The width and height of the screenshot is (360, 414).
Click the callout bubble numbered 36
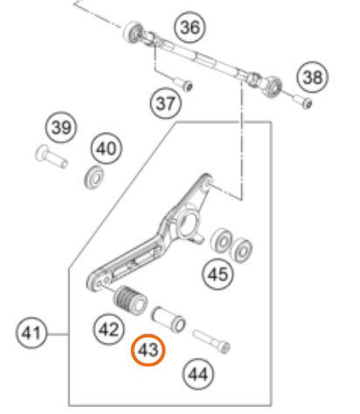click(190, 27)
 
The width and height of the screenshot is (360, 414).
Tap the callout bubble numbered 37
click(166, 103)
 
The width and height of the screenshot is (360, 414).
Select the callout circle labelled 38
click(313, 77)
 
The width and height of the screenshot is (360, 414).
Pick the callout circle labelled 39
click(61, 128)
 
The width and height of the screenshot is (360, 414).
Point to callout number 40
click(107, 148)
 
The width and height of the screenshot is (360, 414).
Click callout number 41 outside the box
click(31, 333)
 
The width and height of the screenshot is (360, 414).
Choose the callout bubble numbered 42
click(109, 329)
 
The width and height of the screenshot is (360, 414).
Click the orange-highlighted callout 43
click(148, 350)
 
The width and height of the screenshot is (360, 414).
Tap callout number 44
click(198, 374)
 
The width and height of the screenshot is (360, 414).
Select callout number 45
click(218, 274)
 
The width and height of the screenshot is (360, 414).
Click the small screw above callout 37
click(183, 83)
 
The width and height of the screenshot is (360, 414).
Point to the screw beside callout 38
click(303, 101)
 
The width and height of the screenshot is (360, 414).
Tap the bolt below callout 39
click(52, 156)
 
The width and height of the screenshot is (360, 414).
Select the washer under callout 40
click(94, 176)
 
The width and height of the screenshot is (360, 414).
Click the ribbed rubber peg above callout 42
click(130, 300)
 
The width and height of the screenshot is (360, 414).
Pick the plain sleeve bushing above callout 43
click(169, 320)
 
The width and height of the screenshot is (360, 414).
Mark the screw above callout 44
click(211, 342)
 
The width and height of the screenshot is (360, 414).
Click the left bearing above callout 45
click(221, 240)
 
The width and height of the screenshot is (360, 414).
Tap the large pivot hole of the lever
click(189, 223)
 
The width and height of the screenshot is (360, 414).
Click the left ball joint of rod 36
click(134, 31)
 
